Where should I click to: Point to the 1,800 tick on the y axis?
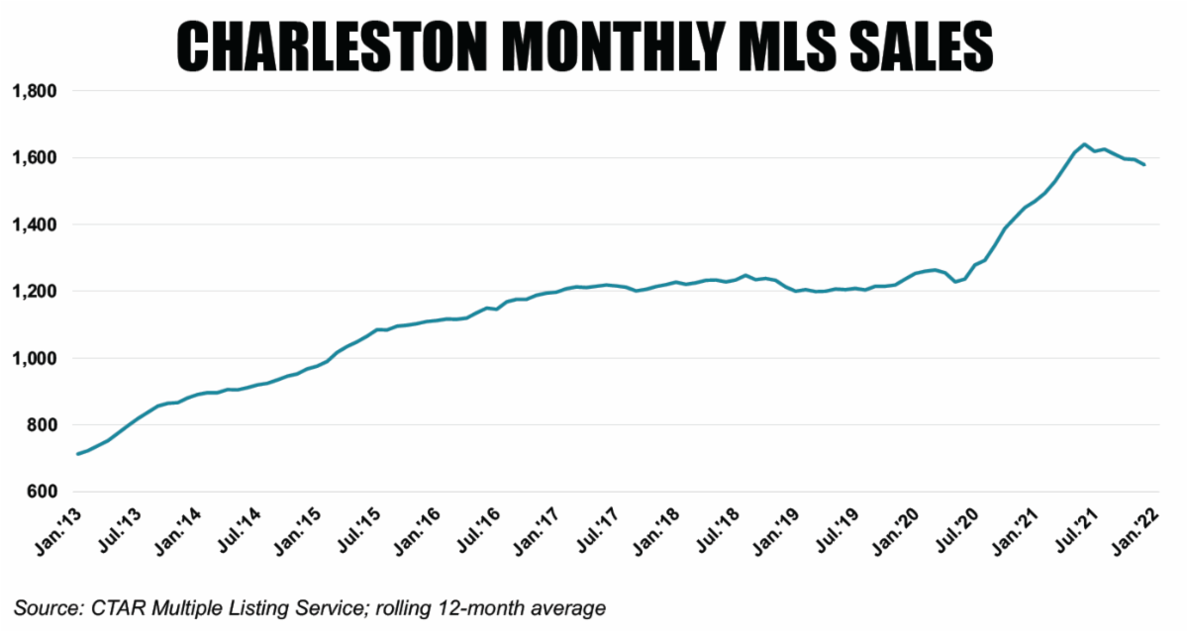pos(35,91)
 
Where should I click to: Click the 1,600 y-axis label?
pos(35,158)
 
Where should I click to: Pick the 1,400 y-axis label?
pos(35,225)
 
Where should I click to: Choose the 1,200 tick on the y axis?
pos(35,292)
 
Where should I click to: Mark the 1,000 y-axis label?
pos(35,358)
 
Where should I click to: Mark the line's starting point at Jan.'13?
pos(77,454)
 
